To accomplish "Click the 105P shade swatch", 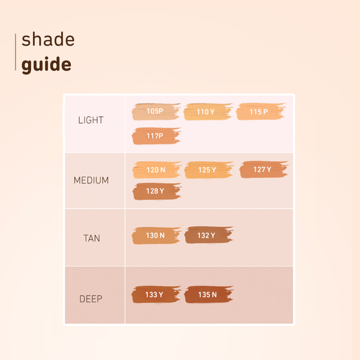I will [x=156, y=112].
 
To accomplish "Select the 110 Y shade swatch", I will [x=208, y=112].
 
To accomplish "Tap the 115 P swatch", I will [x=260, y=112].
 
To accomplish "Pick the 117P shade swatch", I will [x=156, y=136].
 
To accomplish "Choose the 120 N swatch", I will [x=156, y=170].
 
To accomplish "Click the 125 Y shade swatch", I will [x=208, y=170].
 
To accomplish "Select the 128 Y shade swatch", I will [x=156, y=191].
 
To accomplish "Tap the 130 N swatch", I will [x=156, y=236].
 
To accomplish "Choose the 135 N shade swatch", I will [x=208, y=295].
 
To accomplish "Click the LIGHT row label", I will [x=91, y=120].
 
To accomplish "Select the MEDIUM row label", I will [x=91, y=180].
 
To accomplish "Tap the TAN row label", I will [x=92, y=238].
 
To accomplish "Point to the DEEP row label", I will [x=91, y=299].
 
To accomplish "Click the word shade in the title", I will [x=48, y=40].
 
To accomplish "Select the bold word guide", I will [x=46, y=64].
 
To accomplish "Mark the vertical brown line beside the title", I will [x=15, y=52].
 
